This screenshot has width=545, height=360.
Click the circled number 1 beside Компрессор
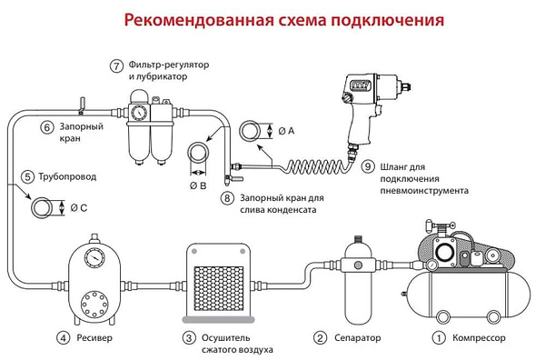(439, 338)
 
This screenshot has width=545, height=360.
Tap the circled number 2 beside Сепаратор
(319, 338)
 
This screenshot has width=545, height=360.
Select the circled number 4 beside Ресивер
(63, 338)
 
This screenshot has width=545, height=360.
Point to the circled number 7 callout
(115, 66)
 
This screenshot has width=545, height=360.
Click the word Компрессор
(481, 338)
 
